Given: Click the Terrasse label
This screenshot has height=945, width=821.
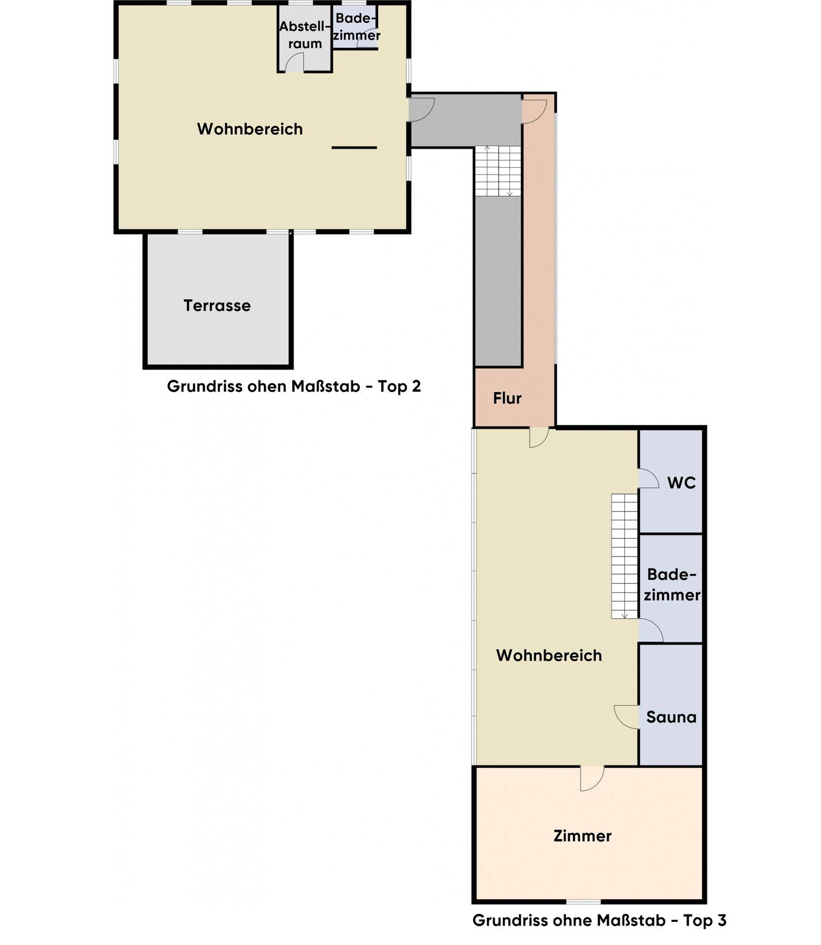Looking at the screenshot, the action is click(x=217, y=306).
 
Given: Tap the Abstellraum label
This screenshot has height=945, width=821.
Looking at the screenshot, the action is click(x=305, y=35).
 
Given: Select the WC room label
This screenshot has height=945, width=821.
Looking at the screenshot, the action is click(x=681, y=483).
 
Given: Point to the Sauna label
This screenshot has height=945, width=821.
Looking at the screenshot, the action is click(x=671, y=717).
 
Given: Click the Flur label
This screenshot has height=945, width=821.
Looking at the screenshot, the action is click(x=507, y=398).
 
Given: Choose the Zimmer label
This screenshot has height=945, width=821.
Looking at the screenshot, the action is click(x=582, y=836).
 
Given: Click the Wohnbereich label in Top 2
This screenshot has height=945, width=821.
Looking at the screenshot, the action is click(x=250, y=129).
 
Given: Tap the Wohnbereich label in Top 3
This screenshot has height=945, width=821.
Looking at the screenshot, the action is click(x=549, y=656).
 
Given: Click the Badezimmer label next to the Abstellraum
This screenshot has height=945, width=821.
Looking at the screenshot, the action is click(x=356, y=27).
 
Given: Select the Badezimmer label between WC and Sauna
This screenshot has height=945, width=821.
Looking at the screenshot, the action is click(x=672, y=585).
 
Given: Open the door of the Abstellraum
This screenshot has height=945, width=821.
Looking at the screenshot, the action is click(x=294, y=62).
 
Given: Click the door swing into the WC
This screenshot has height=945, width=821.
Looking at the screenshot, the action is click(x=649, y=478).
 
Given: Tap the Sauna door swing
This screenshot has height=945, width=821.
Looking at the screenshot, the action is click(x=626, y=717).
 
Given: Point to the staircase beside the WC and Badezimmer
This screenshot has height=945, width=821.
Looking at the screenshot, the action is click(x=625, y=556).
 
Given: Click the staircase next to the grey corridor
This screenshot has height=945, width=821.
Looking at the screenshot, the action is click(x=498, y=171).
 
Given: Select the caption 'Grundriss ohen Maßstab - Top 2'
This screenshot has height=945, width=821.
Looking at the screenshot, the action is click(x=294, y=386).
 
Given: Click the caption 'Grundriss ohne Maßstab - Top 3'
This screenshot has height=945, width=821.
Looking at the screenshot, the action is click(x=599, y=920).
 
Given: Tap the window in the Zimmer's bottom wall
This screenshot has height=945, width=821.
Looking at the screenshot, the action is click(x=583, y=902).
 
